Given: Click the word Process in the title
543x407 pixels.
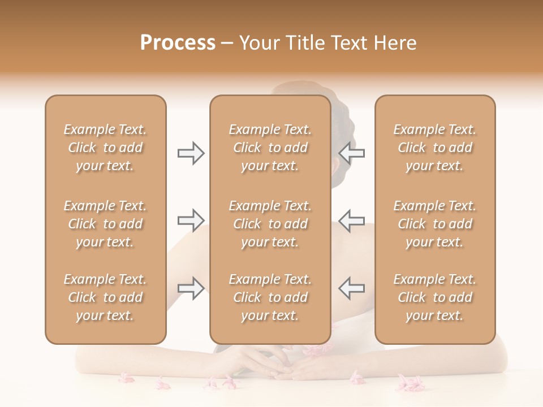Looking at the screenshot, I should (x=178, y=43).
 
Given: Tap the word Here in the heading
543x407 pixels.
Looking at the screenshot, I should (x=395, y=43).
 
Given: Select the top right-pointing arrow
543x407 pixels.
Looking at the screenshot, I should (x=191, y=153).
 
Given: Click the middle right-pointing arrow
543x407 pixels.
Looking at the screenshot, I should (x=191, y=220).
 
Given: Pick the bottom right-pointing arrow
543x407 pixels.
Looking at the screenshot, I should (x=191, y=288).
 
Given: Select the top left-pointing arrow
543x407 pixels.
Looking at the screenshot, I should (x=352, y=153).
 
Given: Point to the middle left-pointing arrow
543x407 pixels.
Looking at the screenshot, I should (x=352, y=220).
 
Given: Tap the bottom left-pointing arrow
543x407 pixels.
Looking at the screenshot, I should (x=352, y=288).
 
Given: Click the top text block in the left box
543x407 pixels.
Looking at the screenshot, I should (x=105, y=148).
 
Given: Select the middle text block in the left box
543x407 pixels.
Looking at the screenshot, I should (x=105, y=224).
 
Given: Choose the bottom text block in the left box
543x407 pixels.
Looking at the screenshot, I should (x=105, y=297).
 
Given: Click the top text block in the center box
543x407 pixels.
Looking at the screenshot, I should (x=270, y=148).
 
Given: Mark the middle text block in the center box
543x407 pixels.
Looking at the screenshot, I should (x=270, y=224).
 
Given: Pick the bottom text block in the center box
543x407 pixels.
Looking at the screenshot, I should (x=270, y=297).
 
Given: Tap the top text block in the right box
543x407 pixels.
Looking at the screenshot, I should (x=434, y=148).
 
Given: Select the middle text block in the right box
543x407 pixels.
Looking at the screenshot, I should (x=434, y=224).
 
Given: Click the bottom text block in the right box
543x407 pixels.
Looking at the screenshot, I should (x=434, y=297).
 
